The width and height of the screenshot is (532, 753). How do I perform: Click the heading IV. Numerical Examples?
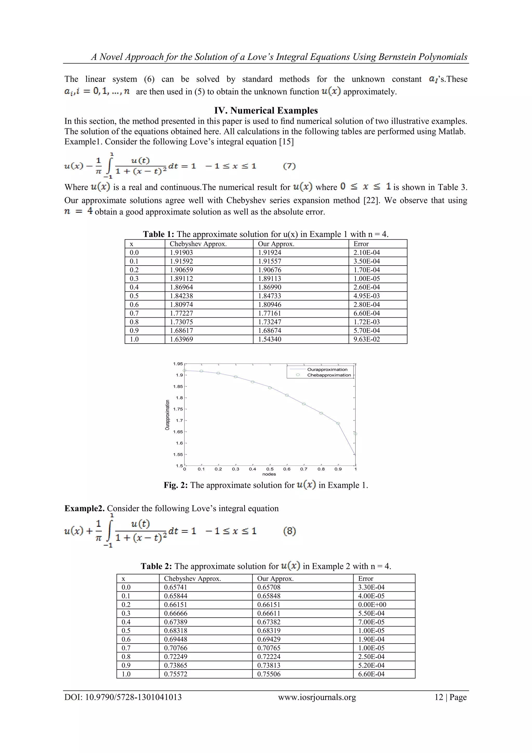tap(266, 110)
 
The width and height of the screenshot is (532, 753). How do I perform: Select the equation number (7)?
tap(289, 166)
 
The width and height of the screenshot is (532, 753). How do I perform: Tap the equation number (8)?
tap(289, 531)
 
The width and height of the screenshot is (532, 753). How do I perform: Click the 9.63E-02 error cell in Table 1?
tap(367, 339)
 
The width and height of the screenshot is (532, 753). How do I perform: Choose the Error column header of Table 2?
tap(365, 579)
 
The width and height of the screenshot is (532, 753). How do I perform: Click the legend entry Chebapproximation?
tap(329, 375)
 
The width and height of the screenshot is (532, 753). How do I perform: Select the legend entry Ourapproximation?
tap(327, 370)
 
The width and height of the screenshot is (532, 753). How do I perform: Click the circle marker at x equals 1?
tap(355, 434)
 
